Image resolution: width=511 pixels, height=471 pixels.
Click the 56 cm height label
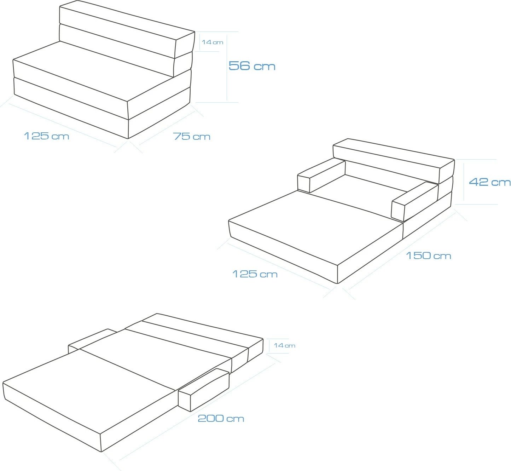pos(252,66)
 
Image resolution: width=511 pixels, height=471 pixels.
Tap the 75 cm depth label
pos(192,136)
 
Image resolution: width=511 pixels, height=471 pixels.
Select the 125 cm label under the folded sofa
pos(46,136)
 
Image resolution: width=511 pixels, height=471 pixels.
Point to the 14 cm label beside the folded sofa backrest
pos(213,42)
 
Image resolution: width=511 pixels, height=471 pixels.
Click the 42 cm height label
pos(489,182)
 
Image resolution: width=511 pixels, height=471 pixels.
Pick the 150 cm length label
pos(429,255)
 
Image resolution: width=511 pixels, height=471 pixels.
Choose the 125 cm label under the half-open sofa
pos(255,274)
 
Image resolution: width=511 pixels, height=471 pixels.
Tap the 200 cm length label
pos(221,418)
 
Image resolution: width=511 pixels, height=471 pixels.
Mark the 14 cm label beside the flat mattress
pos(284,345)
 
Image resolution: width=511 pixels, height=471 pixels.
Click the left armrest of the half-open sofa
pos(321,175)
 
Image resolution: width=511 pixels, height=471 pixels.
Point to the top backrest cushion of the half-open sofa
pos(394,161)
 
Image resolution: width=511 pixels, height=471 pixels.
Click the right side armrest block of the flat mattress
pos(204,390)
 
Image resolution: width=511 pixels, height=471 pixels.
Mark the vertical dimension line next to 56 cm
pos(227,68)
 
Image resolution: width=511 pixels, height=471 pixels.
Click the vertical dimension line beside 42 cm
pos(464,182)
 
